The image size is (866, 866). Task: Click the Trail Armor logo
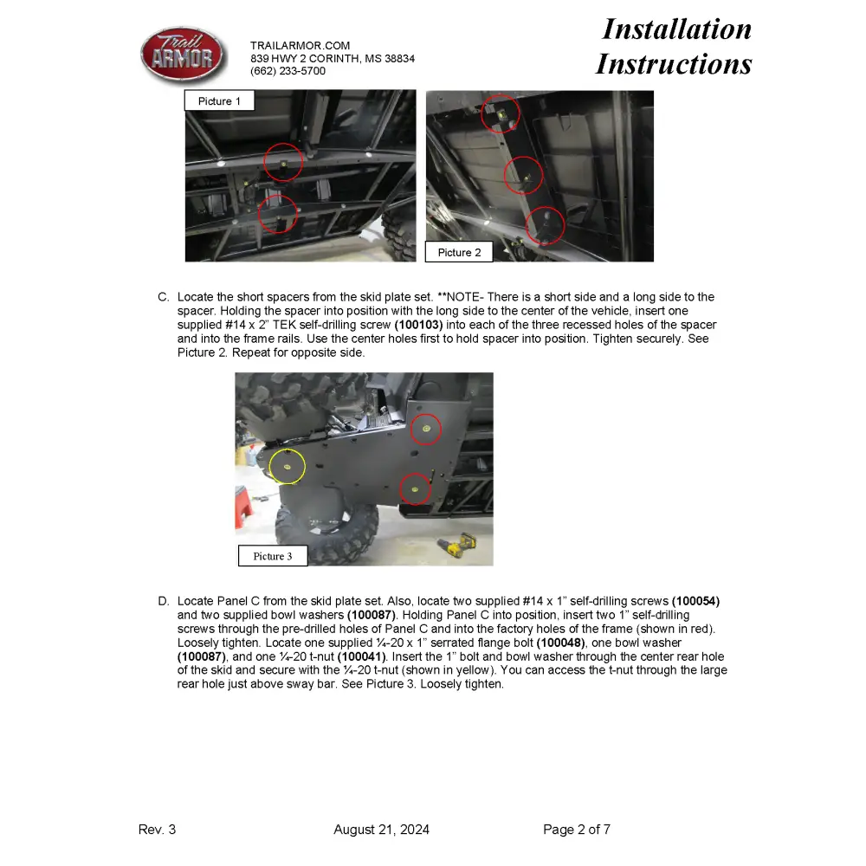[x=183, y=55]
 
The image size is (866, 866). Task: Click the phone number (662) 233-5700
[x=288, y=71]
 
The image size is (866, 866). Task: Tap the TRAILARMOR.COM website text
[x=300, y=45]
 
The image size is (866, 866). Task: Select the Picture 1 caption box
[x=219, y=101]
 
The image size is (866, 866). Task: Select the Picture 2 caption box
[x=459, y=252]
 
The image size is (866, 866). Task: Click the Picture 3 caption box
[x=272, y=556]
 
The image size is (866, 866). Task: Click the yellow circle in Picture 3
[x=288, y=467]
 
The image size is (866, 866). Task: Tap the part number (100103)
[x=418, y=325]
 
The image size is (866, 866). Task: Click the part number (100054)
[x=695, y=601]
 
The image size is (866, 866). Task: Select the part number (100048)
[x=564, y=643]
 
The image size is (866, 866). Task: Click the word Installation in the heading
[x=676, y=29]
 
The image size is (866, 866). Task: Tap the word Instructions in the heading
[x=673, y=64]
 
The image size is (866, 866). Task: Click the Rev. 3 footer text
[x=157, y=830]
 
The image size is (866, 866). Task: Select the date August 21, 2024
[x=381, y=830]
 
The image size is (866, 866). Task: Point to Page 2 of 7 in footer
[x=577, y=830]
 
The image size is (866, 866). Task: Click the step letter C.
[x=163, y=297]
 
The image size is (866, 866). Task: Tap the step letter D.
[x=163, y=601]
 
